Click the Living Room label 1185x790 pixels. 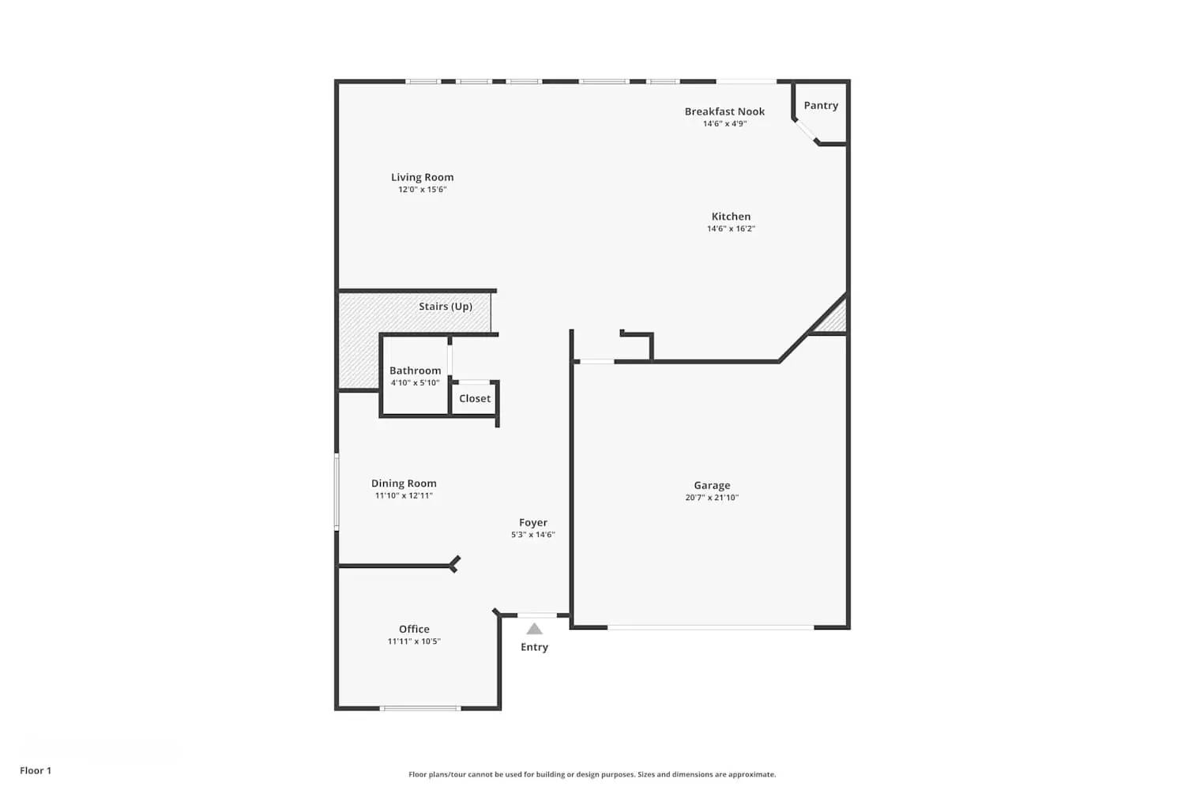[422, 177]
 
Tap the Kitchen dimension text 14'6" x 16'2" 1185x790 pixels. [731, 229]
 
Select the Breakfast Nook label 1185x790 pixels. [724, 111]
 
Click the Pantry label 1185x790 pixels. [821, 105]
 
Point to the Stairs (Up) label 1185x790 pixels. [446, 307]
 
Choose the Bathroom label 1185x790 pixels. [415, 371]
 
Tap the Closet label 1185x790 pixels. [475, 399]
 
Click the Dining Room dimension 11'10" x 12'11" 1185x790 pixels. [404, 496]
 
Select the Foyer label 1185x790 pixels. [533, 522]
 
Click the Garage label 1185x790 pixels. [712, 485]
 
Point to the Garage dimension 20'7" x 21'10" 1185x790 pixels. [712, 498]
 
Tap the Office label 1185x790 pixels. [414, 629]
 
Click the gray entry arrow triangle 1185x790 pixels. [535, 629]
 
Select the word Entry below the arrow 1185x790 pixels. [534, 647]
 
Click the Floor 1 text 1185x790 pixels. [36, 770]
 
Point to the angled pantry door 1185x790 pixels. [806, 131]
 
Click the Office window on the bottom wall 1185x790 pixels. [420, 708]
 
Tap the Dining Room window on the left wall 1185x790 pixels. [337, 491]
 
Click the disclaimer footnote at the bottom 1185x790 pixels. [592, 774]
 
